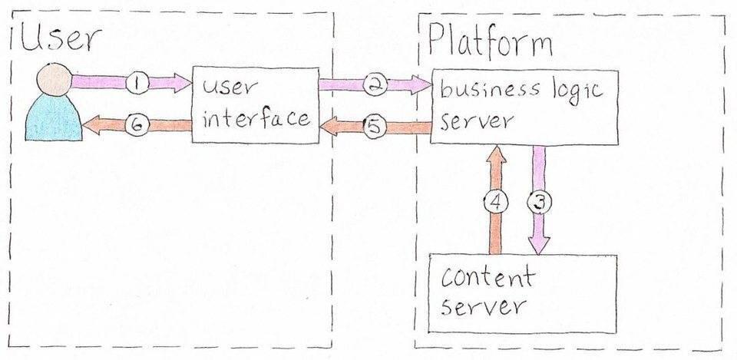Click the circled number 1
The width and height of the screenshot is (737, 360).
click(137, 83)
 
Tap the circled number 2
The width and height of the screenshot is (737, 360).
click(375, 84)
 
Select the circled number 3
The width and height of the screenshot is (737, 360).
click(539, 202)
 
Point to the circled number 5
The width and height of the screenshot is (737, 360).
click(375, 127)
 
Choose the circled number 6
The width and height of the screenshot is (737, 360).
click(137, 125)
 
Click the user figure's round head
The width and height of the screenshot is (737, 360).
click(55, 79)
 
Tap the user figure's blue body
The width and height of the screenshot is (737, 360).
click(54, 117)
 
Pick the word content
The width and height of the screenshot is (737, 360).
click(487, 277)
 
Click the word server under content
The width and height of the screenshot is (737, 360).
click(483, 306)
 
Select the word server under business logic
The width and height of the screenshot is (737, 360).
click(477, 121)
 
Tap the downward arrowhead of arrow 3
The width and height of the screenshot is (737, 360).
click(539, 244)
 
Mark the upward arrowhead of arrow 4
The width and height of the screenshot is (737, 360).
click(496, 156)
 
